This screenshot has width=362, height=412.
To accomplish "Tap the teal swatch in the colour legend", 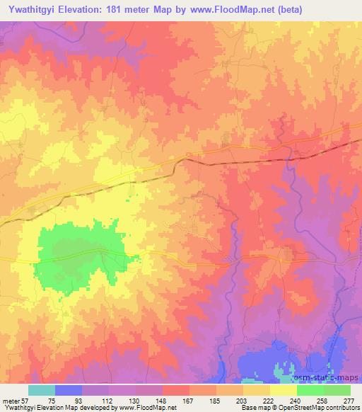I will click(42, 390).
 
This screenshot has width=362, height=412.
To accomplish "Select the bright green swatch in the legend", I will click(310, 390).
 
